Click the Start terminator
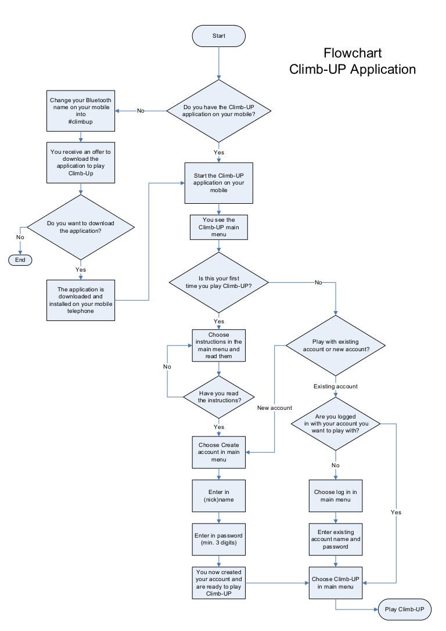(x=219, y=36)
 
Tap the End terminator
(x=20, y=259)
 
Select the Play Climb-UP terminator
(x=405, y=609)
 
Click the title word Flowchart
(x=353, y=53)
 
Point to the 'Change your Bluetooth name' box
(x=81, y=111)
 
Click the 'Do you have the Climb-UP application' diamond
(x=219, y=111)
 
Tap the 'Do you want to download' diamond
(x=81, y=227)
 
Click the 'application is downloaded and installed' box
(x=81, y=300)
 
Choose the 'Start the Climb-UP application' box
(x=219, y=183)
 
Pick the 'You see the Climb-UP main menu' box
(x=219, y=227)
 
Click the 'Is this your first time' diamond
(x=219, y=283)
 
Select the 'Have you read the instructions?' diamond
(x=219, y=396)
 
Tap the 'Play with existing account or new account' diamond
(x=335, y=345)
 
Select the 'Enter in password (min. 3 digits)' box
(x=219, y=539)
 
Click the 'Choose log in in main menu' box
(x=335, y=495)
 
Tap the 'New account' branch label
(x=275, y=408)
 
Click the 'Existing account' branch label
(x=335, y=386)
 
